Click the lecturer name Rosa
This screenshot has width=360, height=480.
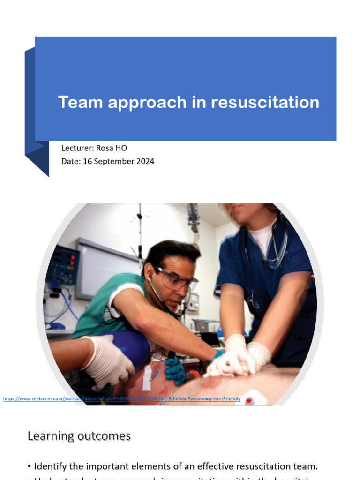[x=105, y=148]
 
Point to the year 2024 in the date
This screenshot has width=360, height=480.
[x=145, y=161]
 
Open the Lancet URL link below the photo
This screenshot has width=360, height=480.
[x=122, y=399]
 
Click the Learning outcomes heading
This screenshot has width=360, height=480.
[x=79, y=436]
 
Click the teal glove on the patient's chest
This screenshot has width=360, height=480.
[x=174, y=370]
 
